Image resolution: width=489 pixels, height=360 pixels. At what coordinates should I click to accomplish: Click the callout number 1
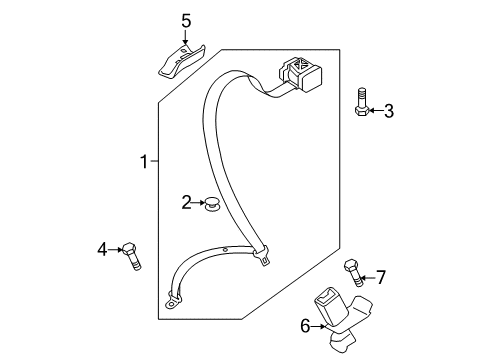point(144,162)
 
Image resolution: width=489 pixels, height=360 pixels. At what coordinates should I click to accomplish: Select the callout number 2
point(186,202)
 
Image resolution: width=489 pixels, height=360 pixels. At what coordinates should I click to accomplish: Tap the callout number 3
point(389,111)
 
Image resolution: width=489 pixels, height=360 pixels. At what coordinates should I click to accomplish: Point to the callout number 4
point(103,249)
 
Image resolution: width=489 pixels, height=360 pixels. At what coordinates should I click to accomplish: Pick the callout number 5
point(186,21)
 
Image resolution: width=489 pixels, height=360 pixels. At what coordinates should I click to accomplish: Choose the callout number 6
point(305,326)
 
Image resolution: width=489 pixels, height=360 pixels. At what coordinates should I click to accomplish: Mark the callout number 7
point(381,277)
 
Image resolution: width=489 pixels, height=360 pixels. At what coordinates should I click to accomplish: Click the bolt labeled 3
point(361,102)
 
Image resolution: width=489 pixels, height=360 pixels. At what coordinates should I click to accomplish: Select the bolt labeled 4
point(131,256)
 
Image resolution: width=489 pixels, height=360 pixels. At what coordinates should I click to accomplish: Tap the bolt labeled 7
point(353,272)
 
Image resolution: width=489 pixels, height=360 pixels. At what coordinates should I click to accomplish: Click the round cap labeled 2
point(212,204)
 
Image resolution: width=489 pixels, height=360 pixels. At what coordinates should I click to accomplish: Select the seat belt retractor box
point(301,74)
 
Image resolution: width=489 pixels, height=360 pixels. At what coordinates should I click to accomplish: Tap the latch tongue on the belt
point(262,255)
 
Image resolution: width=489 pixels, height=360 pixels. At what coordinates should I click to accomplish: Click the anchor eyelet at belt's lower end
point(171,304)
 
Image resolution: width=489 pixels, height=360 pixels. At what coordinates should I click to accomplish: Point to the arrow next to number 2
point(198,202)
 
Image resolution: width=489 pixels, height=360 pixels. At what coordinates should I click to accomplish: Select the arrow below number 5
point(185,37)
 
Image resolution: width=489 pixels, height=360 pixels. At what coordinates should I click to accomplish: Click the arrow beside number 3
point(376,110)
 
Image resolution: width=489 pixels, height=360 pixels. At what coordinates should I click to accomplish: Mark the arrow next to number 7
point(368,277)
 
